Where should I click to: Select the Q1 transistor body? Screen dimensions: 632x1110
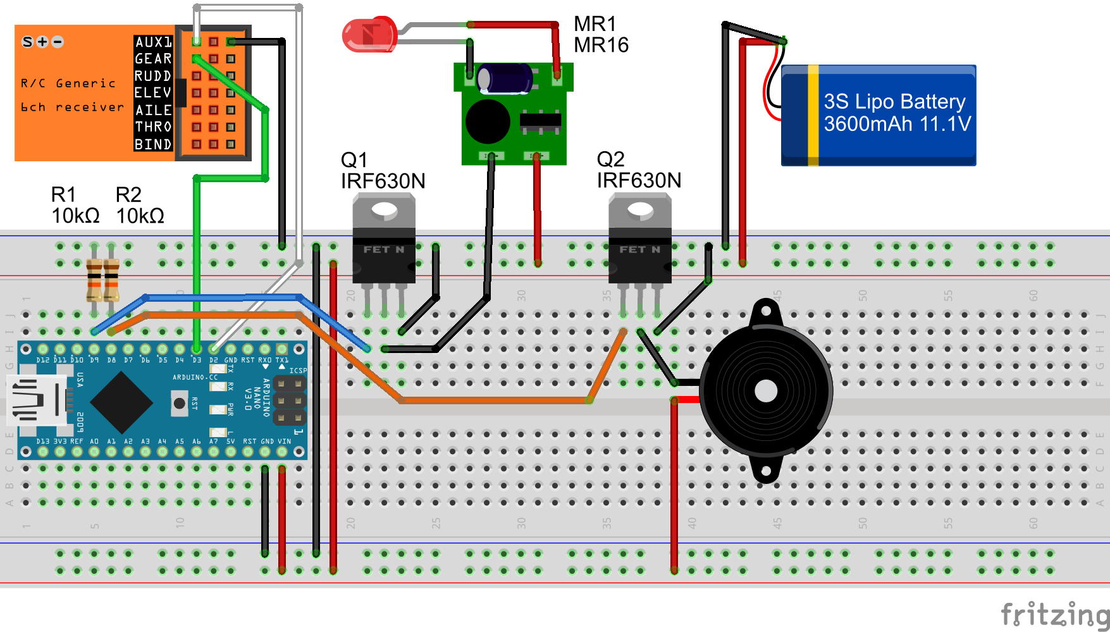383,240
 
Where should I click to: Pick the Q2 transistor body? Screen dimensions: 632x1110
639,240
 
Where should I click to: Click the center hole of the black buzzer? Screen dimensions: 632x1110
766,391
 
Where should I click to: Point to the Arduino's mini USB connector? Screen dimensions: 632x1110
37,399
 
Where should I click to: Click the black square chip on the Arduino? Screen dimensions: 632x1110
121,402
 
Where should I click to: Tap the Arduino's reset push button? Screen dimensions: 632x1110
180,403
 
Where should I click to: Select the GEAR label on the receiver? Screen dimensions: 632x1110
153,59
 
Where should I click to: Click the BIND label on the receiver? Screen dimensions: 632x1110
153,144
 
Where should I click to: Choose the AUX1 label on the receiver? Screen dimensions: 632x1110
153,42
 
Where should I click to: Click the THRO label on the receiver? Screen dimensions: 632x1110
153,127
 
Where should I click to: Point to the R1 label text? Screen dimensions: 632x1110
63,194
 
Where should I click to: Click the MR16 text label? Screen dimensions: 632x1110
601,45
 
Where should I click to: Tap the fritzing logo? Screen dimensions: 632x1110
1054,614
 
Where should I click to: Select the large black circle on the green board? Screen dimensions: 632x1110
487,121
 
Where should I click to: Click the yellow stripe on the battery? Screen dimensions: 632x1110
813,115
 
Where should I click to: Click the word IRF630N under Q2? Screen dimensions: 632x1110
639,181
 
